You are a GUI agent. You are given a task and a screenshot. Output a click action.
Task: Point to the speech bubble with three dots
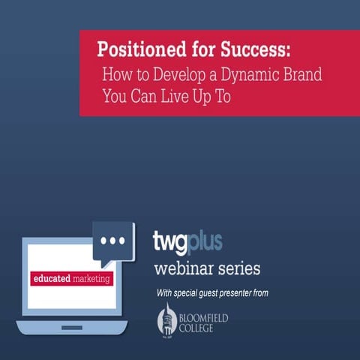(113, 241)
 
